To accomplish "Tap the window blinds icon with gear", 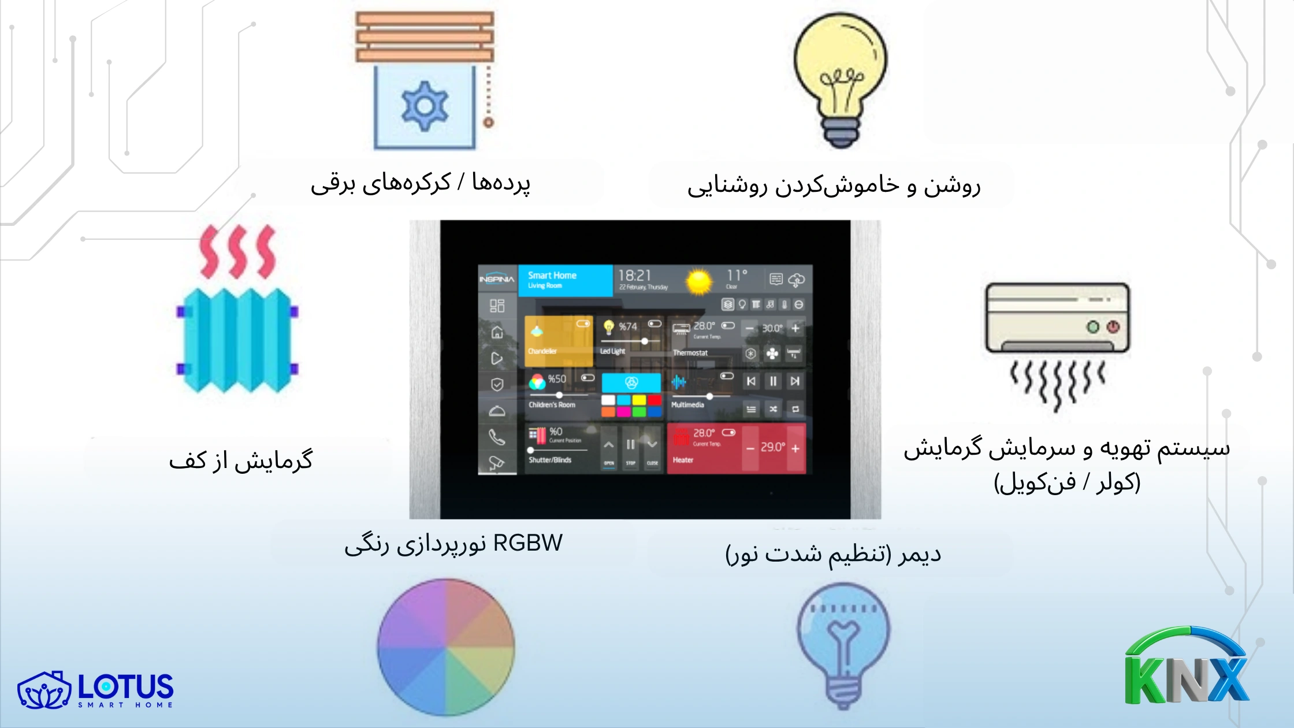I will coord(425,81).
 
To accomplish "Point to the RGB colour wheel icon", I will coord(446,647).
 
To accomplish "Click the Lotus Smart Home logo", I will coord(96,689).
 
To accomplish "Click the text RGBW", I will coord(528,543).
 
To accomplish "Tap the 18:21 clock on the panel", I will coord(635,276).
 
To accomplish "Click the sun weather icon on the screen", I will coord(699,281).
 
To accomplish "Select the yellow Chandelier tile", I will coord(558,341).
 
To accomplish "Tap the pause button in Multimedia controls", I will coord(773,381).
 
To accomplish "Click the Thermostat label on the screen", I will coord(690,352).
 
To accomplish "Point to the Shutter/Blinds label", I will coord(550,460).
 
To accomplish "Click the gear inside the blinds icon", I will coord(425,106).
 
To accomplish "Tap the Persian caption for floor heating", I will coord(240,460).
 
